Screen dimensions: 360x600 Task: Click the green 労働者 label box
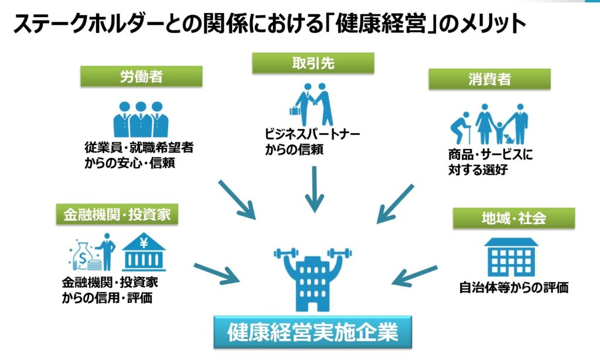click(141, 76)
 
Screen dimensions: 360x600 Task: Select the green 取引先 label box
click(313, 63)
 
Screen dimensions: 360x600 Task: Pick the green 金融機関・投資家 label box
click(117, 215)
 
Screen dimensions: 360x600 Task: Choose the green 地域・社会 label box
click(513, 218)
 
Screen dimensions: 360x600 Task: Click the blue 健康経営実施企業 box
click(312, 332)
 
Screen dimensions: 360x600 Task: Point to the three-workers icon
click(141, 119)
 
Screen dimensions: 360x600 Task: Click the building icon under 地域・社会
click(511, 257)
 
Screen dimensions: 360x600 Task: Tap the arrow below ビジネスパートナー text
click(315, 189)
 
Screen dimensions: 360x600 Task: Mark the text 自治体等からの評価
click(513, 288)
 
